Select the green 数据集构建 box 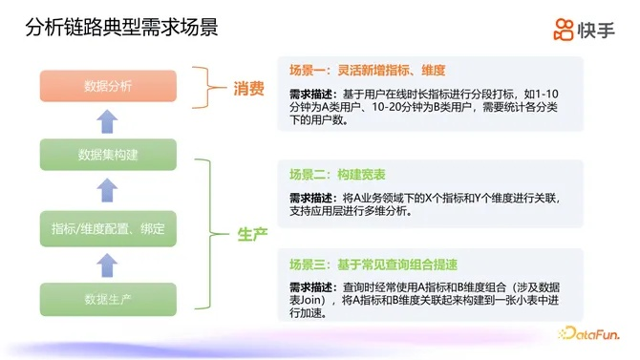coord(108,155)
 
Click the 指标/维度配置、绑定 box coord(108,228)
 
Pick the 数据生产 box coord(108,299)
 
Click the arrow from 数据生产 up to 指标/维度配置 coord(108,265)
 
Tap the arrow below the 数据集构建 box coord(108,192)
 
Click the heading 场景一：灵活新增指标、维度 coord(368,70)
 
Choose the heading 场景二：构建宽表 coord(337,175)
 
